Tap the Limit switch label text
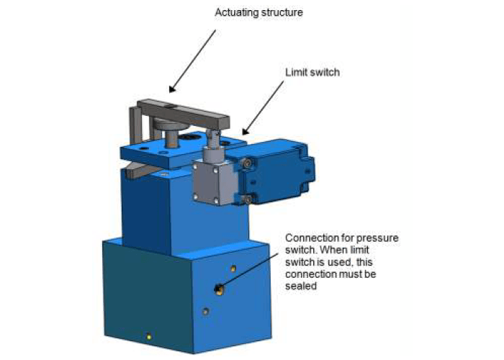pyautogui.click(x=312, y=73)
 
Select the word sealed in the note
pyautogui.click(x=302, y=286)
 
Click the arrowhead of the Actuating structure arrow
pyautogui.click(x=171, y=90)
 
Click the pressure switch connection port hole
pyautogui.click(x=218, y=289)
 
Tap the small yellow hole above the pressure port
pyautogui.click(x=233, y=269)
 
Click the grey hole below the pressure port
pyautogui.click(x=205, y=311)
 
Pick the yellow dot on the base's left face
pyautogui.click(x=148, y=336)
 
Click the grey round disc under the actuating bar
pyautogui.click(x=167, y=127)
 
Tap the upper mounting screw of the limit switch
pyautogui.click(x=247, y=165)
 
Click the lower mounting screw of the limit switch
pyautogui.click(x=247, y=199)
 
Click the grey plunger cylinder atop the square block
pyautogui.click(x=213, y=153)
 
